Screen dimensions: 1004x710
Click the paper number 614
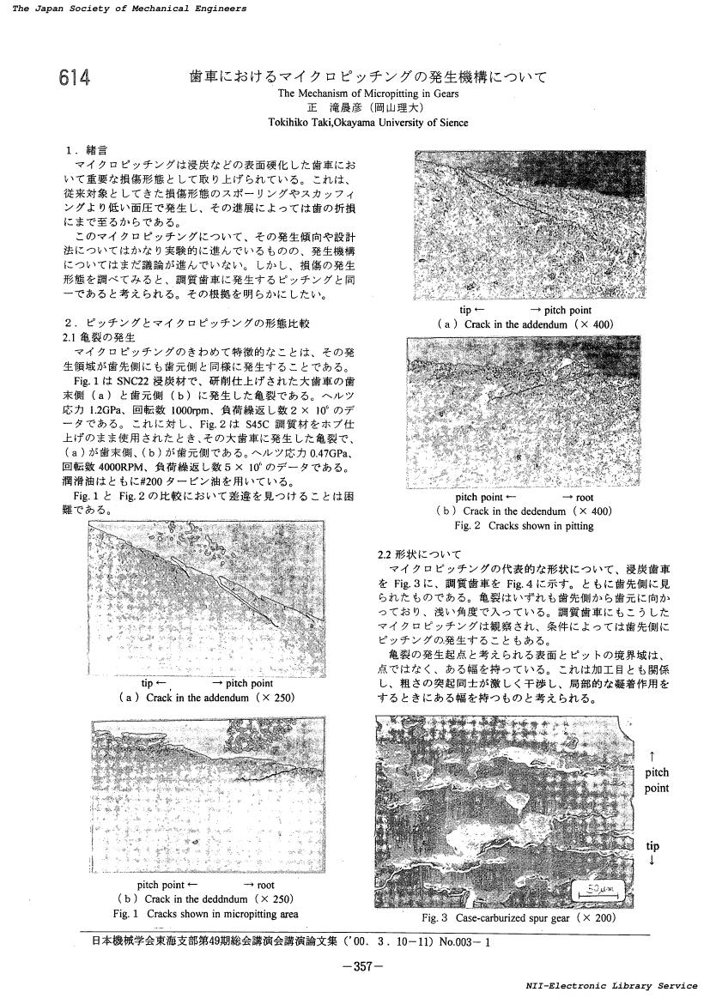(x=76, y=79)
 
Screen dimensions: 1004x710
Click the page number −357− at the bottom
(x=357, y=966)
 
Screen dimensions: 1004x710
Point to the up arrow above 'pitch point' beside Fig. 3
(x=654, y=756)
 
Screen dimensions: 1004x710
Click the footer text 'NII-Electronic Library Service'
(x=617, y=987)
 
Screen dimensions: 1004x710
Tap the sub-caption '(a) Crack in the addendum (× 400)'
(x=525, y=324)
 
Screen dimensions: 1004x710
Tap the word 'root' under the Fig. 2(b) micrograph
(x=585, y=497)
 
